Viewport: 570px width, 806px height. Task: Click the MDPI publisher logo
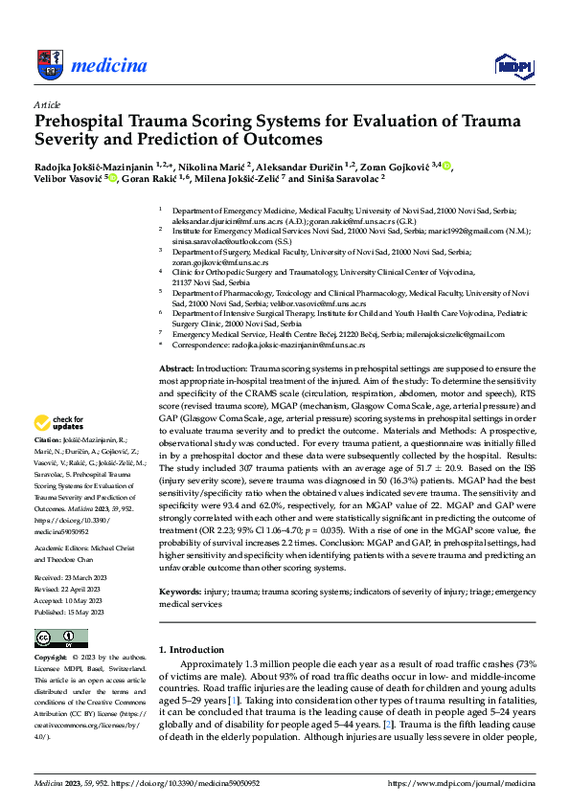[x=513, y=65]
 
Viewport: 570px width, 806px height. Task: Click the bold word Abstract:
[x=176, y=369]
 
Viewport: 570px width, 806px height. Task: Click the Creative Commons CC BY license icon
[x=55, y=638]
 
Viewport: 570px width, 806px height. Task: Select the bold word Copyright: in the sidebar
[x=52, y=659]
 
